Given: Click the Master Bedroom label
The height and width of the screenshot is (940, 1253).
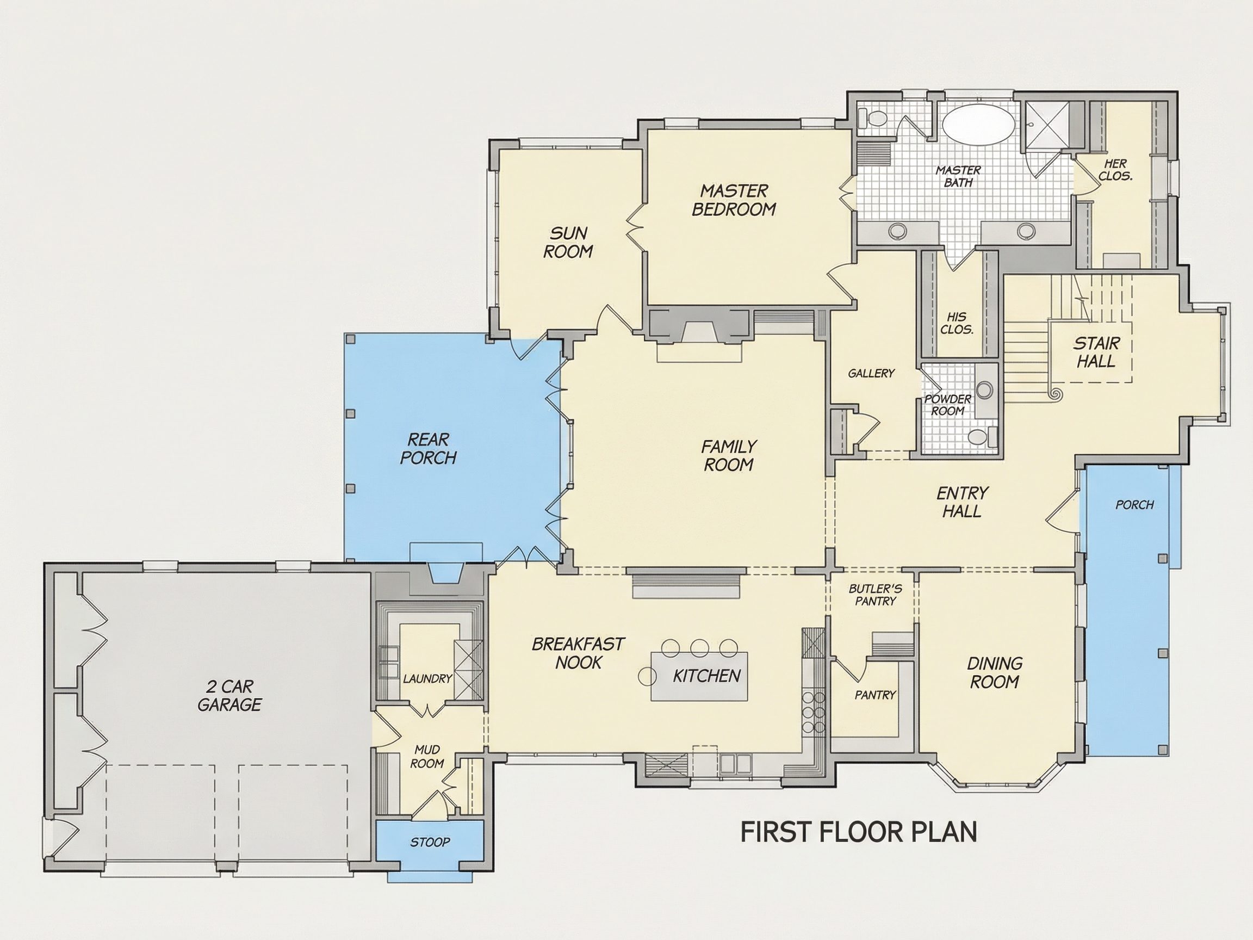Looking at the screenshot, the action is tap(734, 200).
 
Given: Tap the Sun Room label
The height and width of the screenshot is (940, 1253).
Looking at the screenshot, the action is tap(568, 242).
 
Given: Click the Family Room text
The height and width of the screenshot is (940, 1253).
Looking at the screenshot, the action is tap(728, 455).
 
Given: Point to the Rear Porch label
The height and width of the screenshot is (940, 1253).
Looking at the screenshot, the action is tap(428, 448).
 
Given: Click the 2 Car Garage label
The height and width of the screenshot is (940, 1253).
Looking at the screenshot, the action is tap(229, 695).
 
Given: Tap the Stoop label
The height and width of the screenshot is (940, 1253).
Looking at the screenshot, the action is tap(430, 842).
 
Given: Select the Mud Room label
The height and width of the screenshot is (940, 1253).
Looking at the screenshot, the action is tap(426, 757).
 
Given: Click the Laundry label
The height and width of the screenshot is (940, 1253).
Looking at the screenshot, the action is tap(427, 678).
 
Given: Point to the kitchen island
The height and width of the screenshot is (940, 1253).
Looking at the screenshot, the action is tap(699, 676).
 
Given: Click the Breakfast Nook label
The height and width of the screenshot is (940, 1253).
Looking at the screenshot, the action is tap(578, 653).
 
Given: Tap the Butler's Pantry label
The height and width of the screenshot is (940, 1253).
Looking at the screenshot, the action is tap(875, 595).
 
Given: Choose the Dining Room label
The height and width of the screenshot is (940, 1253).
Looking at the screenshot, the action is tap(994, 672).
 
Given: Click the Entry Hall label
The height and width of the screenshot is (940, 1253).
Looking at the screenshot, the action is tap(962, 502).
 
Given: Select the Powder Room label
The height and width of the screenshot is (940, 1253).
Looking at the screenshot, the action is tap(948, 405).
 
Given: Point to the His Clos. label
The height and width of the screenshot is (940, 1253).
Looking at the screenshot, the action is tap(957, 323).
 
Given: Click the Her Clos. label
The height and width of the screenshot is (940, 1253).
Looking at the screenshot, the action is tap(1115, 169).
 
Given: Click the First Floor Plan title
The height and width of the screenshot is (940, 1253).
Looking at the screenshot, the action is tap(859, 832).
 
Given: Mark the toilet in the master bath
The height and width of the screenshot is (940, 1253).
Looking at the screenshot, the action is tap(872, 119).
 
